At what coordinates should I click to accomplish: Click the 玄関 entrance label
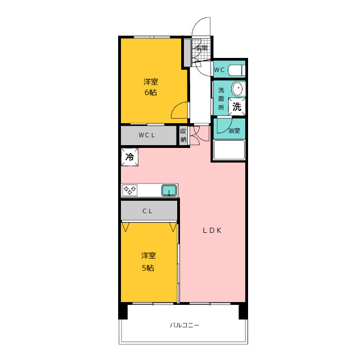[201, 48]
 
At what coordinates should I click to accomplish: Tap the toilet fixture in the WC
[237, 70]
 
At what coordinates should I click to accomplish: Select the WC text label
[219, 70]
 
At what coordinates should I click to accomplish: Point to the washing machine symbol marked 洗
[237, 106]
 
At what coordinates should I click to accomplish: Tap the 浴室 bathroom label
[234, 130]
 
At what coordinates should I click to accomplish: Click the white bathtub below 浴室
[229, 150]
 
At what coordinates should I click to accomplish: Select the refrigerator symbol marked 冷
[130, 157]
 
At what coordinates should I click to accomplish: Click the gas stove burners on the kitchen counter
[130, 190]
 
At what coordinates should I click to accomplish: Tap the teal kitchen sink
[169, 191]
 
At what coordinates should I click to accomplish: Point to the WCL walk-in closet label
[147, 135]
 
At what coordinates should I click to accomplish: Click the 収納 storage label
[183, 136]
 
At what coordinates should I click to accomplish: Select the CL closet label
[147, 211]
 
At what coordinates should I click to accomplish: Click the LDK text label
[213, 231]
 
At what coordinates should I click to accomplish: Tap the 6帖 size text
[151, 92]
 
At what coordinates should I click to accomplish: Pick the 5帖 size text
[148, 268]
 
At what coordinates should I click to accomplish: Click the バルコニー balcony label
[184, 325]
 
